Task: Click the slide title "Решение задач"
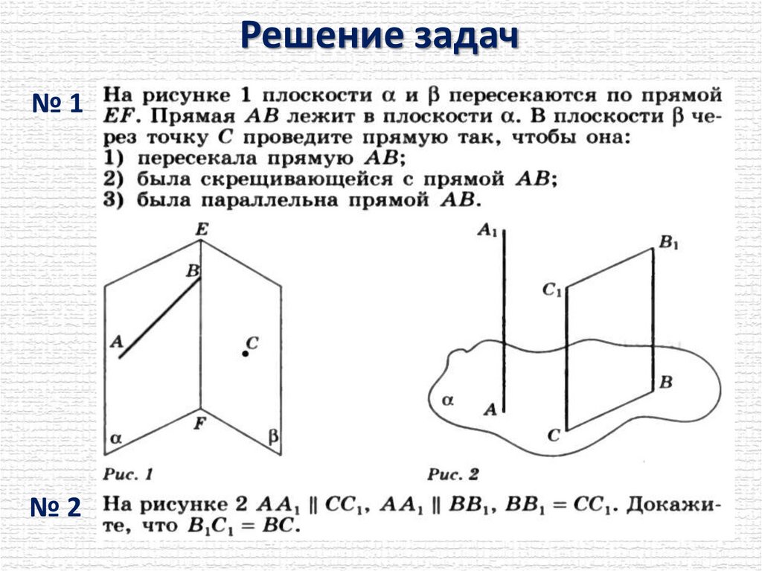[380, 35]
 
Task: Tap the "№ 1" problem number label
[57, 103]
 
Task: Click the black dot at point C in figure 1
[245, 354]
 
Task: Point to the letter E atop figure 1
[201, 230]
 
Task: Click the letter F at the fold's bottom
[199, 424]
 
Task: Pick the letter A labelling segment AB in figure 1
[115, 342]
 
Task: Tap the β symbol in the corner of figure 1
[273, 438]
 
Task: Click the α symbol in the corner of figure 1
[115, 438]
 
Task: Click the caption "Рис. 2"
[454, 473]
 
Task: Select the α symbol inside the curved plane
[447, 400]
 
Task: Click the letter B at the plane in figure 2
[667, 383]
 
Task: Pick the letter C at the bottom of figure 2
[553, 436]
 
